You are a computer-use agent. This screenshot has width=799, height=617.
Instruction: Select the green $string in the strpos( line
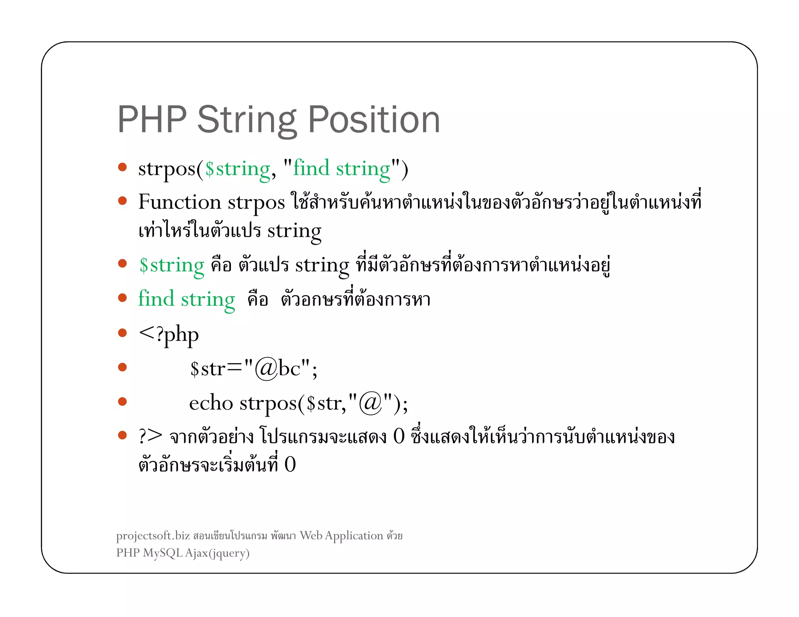(x=238, y=169)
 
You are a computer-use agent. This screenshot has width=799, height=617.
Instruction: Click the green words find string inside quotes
(x=341, y=169)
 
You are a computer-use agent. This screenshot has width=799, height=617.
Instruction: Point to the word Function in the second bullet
(x=179, y=202)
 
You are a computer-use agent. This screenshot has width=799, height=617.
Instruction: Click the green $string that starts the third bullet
(x=172, y=265)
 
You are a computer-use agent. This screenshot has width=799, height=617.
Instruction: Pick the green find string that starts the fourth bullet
(x=186, y=300)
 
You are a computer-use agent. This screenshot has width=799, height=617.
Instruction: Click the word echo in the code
(x=211, y=403)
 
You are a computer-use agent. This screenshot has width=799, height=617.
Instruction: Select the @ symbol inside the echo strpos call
(x=370, y=403)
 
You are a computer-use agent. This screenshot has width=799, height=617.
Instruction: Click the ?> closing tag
(x=150, y=436)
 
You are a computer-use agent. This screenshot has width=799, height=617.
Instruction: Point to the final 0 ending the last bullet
(x=290, y=465)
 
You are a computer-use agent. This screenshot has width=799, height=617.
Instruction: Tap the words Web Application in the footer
(x=341, y=536)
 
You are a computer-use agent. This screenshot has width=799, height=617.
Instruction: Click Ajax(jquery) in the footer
(x=217, y=553)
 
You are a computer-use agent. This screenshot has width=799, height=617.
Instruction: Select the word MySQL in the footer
(x=163, y=553)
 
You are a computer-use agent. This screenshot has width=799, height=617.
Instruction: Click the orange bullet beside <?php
(x=123, y=333)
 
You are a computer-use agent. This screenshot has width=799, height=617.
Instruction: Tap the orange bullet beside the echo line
(x=123, y=401)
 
